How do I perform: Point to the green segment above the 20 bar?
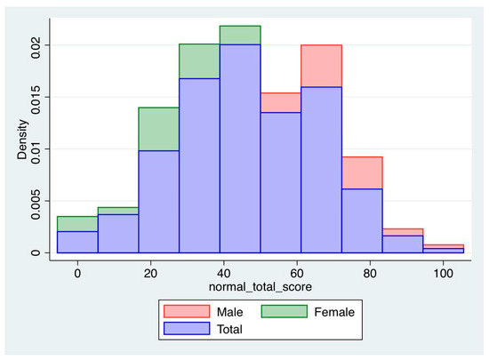click(x=158, y=129)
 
